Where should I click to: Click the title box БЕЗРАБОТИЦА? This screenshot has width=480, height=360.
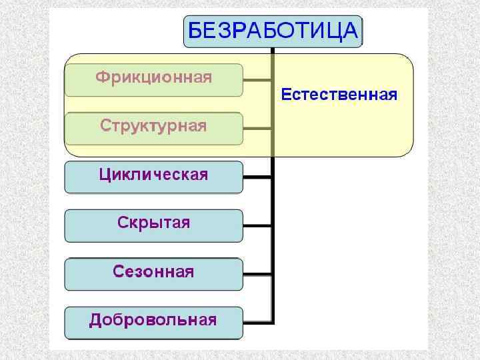pos(273,31)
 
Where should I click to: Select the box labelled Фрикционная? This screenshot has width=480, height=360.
pos(153,79)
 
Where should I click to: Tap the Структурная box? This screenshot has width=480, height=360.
pos(153,127)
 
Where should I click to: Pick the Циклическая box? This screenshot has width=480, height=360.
pos(153,177)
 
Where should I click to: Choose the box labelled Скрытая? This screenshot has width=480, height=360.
pos(153,225)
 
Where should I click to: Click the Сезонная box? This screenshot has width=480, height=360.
pos(153,273)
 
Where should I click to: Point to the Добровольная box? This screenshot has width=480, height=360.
pos(153,321)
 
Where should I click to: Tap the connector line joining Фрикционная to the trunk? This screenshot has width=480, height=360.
pos(257,79)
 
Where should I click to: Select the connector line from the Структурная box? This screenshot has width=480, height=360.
pos(257,127)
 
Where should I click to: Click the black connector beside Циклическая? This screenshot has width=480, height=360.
pos(257,177)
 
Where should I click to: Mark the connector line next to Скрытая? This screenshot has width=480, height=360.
pos(257,225)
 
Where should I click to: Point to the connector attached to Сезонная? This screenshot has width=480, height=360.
pos(257,273)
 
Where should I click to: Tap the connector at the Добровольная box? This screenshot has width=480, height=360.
pos(257,321)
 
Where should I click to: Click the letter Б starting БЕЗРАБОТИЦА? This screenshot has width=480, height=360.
pos(195,31)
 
